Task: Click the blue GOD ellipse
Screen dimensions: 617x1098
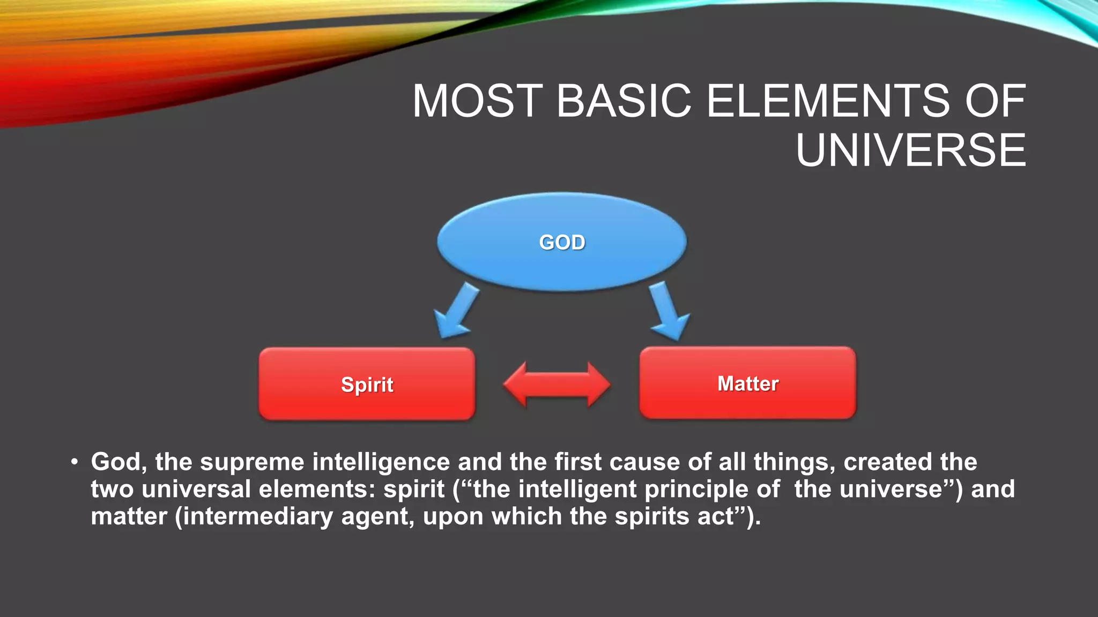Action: tap(561, 242)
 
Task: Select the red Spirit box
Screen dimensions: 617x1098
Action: tap(367, 384)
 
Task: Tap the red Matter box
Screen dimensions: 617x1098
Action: tap(747, 383)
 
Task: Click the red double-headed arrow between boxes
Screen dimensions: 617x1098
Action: tap(557, 385)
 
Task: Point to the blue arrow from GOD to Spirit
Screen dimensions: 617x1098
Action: tap(455, 312)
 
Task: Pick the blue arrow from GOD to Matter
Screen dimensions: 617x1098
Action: tap(667, 312)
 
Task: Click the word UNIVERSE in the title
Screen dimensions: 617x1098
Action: tap(910, 151)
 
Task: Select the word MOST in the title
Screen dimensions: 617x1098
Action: tap(478, 101)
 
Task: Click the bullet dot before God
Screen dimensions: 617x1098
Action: tap(75, 462)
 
